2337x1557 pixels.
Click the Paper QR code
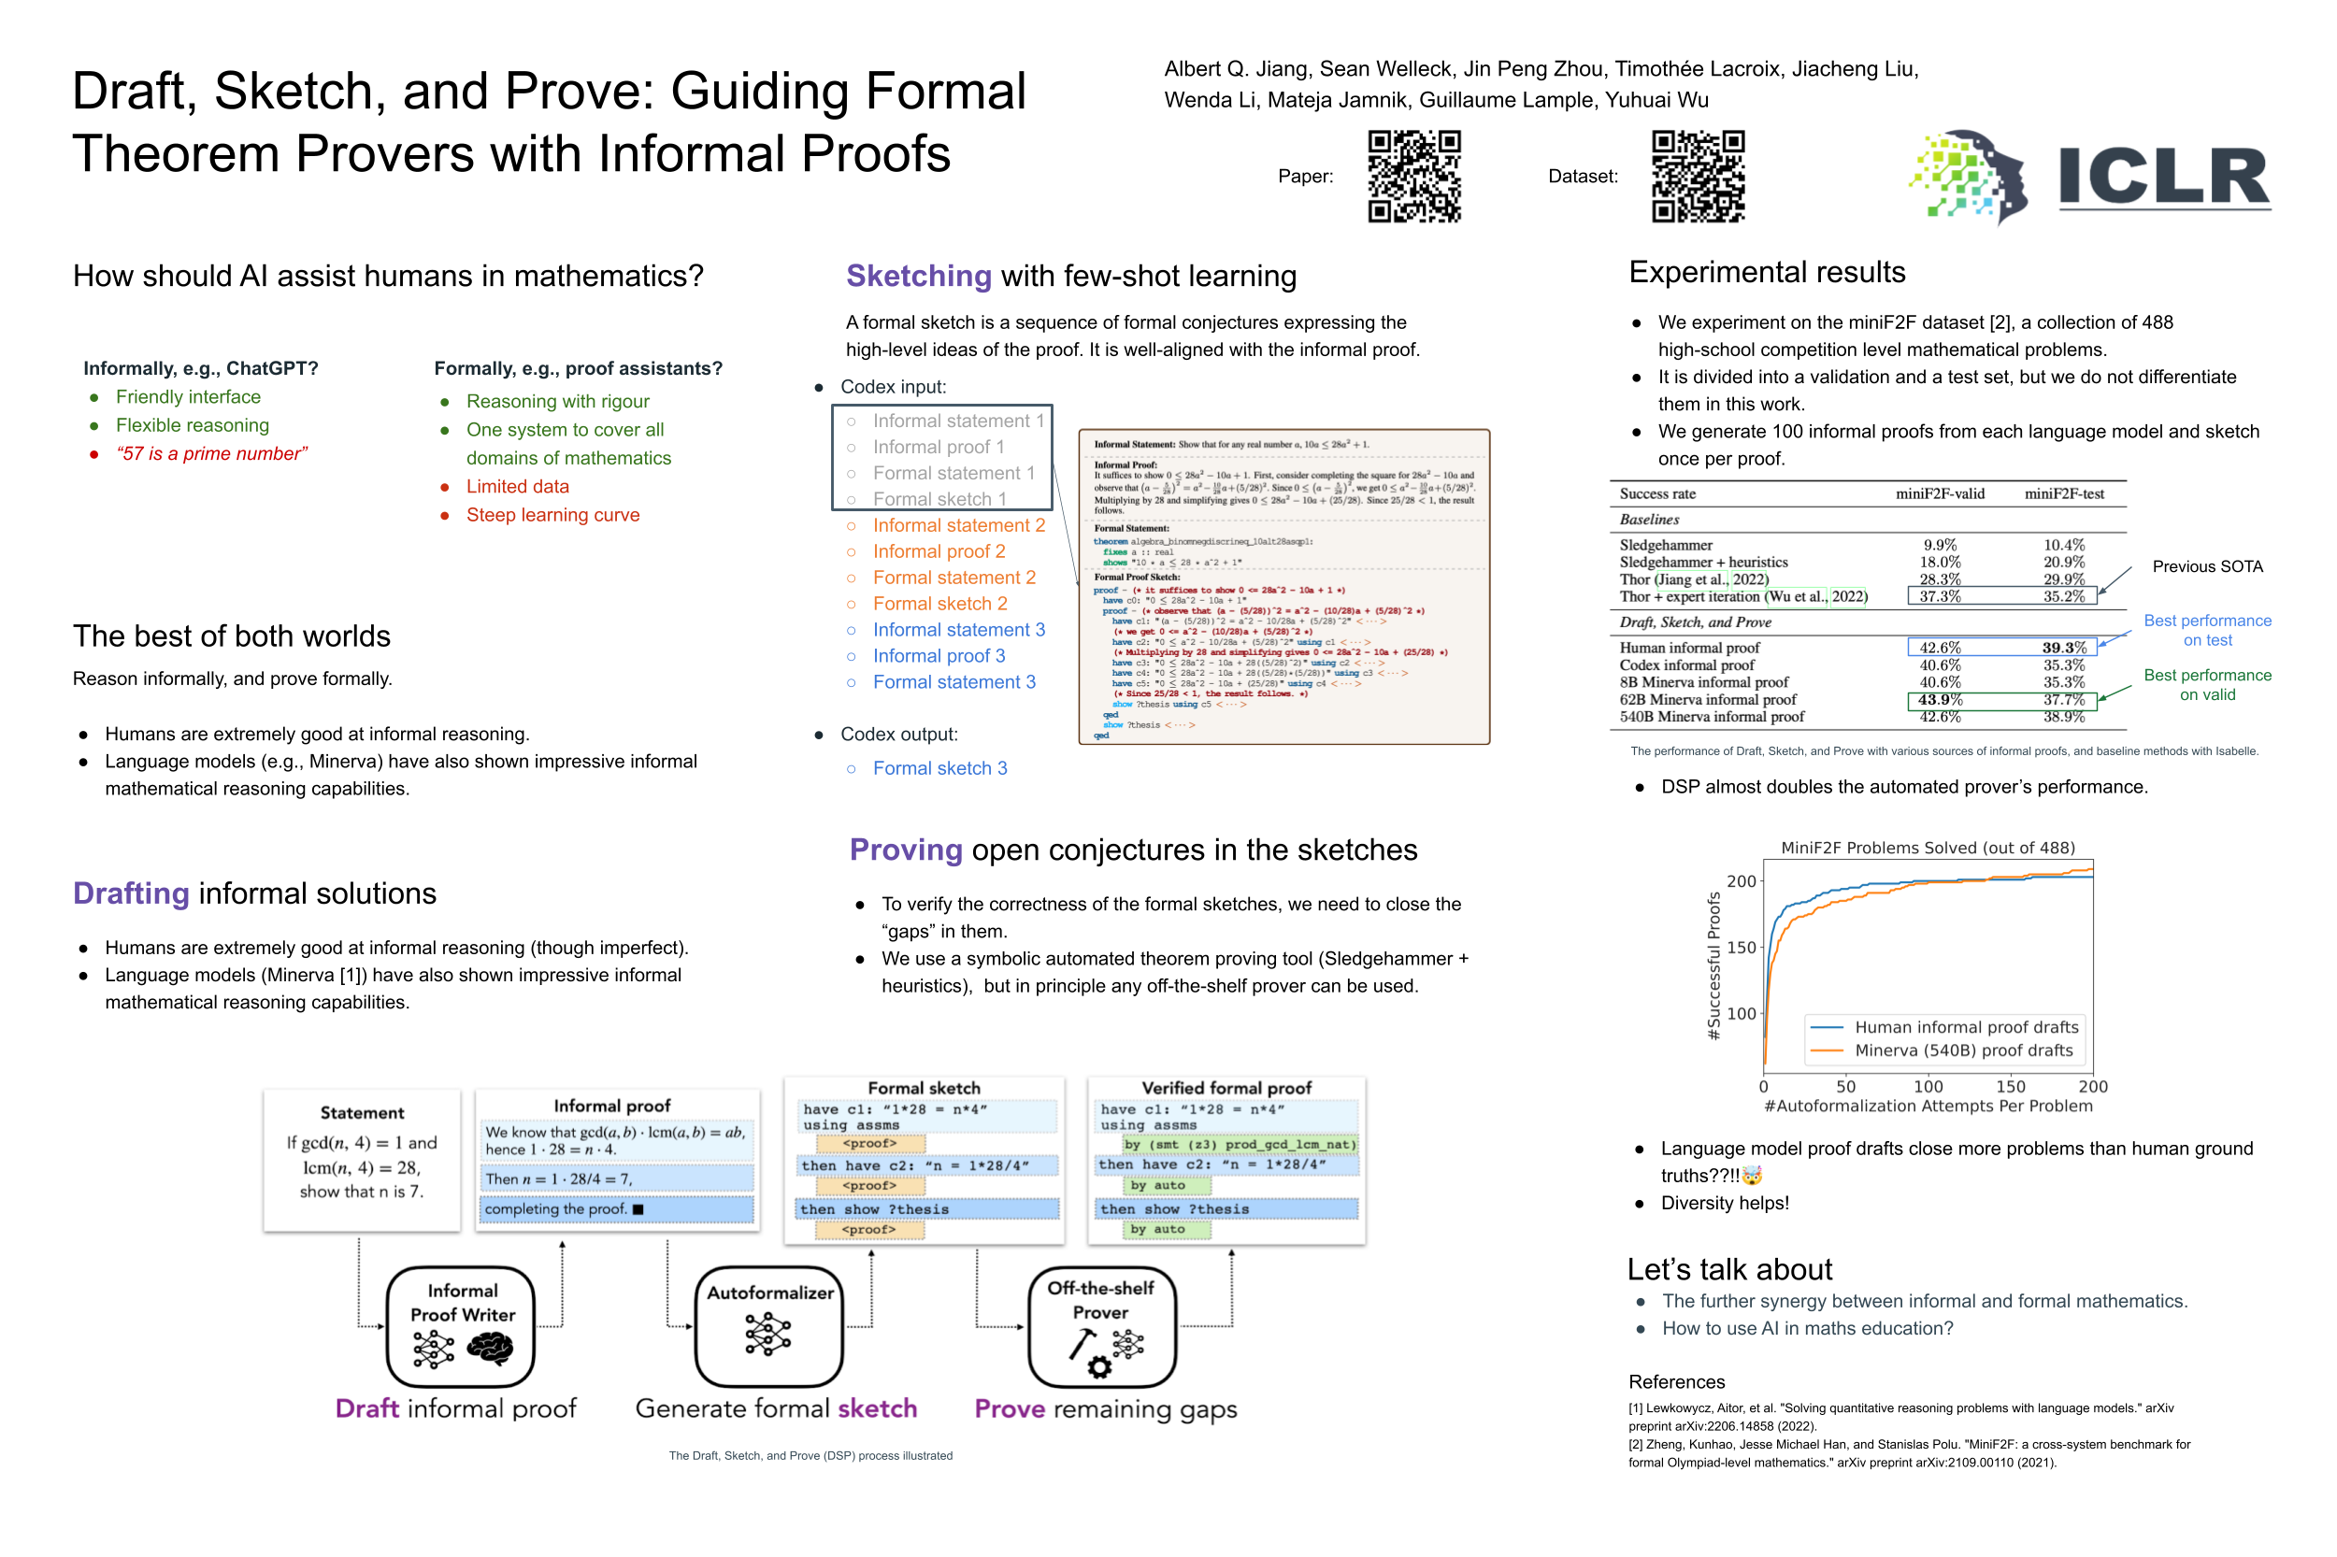(x=1413, y=176)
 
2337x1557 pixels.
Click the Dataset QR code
(x=1698, y=176)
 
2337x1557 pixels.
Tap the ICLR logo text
(x=2163, y=178)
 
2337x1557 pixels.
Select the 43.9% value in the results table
(x=1939, y=699)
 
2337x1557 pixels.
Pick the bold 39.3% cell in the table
(x=2063, y=648)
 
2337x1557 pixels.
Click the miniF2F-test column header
(x=2063, y=493)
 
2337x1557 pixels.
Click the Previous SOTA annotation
(x=2206, y=566)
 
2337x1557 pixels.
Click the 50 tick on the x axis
(x=1844, y=1086)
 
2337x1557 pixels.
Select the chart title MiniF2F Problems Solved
(x=1927, y=847)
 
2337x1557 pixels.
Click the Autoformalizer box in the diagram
(x=768, y=1324)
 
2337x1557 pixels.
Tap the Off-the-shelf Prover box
(x=1100, y=1324)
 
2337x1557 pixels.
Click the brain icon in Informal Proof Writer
(x=490, y=1348)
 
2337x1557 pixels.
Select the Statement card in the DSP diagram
(x=362, y=1159)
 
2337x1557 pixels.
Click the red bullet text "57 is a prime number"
(x=211, y=454)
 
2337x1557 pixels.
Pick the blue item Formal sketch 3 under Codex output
(x=939, y=767)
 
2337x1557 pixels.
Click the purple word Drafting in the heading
(x=131, y=893)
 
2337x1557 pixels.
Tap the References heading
(x=1675, y=1381)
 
